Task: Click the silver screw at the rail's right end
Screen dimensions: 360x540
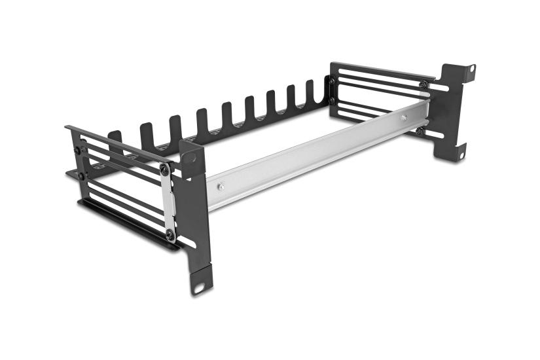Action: (x=404, y=118)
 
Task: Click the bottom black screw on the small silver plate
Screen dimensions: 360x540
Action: (x=170, y=233)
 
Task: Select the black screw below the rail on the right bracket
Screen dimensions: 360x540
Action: (x=419, y=131)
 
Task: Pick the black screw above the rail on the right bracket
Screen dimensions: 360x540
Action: (x=423, y=84)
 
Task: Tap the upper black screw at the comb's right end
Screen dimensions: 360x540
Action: (x=332, y=81)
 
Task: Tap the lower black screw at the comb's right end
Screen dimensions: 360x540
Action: (x=332, y=101)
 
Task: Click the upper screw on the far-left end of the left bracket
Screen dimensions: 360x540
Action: (x=77, y=150)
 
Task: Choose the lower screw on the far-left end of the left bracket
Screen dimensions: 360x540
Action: (x=81, y=175)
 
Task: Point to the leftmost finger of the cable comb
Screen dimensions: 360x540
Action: (x=115, y=139)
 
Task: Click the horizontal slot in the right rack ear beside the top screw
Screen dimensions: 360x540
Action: (x=440, y=87)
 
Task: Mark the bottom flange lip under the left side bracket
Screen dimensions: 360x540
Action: (x=124, y=226)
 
